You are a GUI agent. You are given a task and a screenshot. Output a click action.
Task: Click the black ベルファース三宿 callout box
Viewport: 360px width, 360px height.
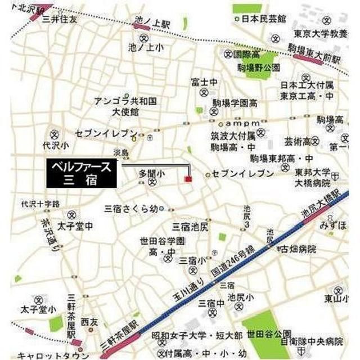pyautogui.click(x=82, y=173)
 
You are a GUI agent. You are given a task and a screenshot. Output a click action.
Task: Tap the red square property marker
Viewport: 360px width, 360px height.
pyautogui.click(x=188, y=179)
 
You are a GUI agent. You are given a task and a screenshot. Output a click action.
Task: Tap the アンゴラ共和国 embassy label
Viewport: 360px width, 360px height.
pyautogui.click(x=125, y=101)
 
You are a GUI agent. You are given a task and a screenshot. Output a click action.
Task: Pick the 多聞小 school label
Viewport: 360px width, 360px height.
pyautogui.click(x=150, y=174)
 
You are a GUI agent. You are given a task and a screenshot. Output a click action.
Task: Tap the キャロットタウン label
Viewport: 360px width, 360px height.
pyautogui.click(x=44, y=355)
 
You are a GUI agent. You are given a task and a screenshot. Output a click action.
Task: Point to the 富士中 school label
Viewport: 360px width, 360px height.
pyautogui.click(x=204, y=82)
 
